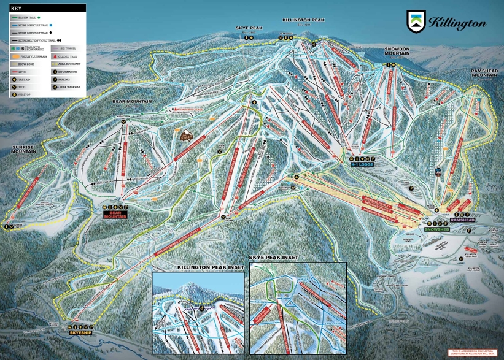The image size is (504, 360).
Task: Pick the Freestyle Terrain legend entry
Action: coord(28,55)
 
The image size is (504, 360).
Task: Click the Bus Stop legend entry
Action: coord(23,95)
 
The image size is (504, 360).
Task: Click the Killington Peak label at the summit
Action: coord(303,20)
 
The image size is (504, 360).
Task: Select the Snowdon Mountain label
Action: coord(397,51)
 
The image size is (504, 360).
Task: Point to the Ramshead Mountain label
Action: coord(487,72)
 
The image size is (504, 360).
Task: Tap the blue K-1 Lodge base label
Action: coord(362,164)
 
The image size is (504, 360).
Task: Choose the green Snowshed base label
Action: coord(436,229)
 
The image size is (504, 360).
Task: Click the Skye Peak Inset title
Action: coord(273,258)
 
